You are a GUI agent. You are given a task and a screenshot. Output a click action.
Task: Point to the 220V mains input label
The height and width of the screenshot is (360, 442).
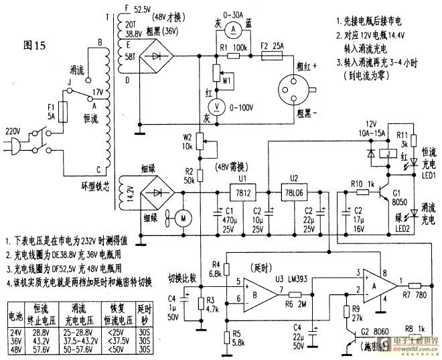click(x=14, y=131)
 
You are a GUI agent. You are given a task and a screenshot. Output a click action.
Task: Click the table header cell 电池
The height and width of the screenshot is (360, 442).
click(x=15, y=314)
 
